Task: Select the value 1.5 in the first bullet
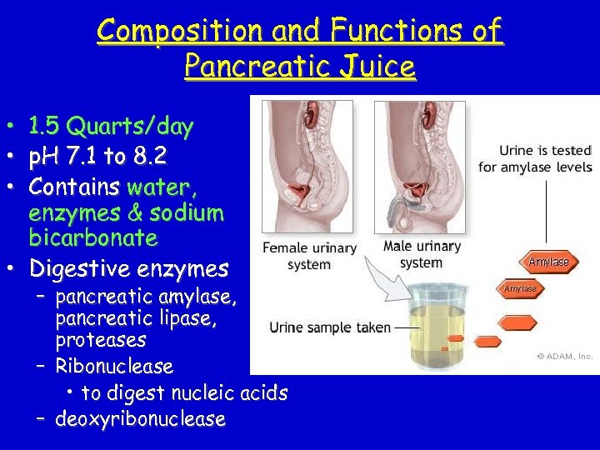46,127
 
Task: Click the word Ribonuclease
114,366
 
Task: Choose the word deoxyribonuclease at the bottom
140,418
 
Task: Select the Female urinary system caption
309,255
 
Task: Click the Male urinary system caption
422,254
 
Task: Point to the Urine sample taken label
330,327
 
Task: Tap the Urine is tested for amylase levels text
534,158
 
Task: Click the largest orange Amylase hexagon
548,262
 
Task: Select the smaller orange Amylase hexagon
520,288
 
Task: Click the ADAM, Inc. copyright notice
564,356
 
